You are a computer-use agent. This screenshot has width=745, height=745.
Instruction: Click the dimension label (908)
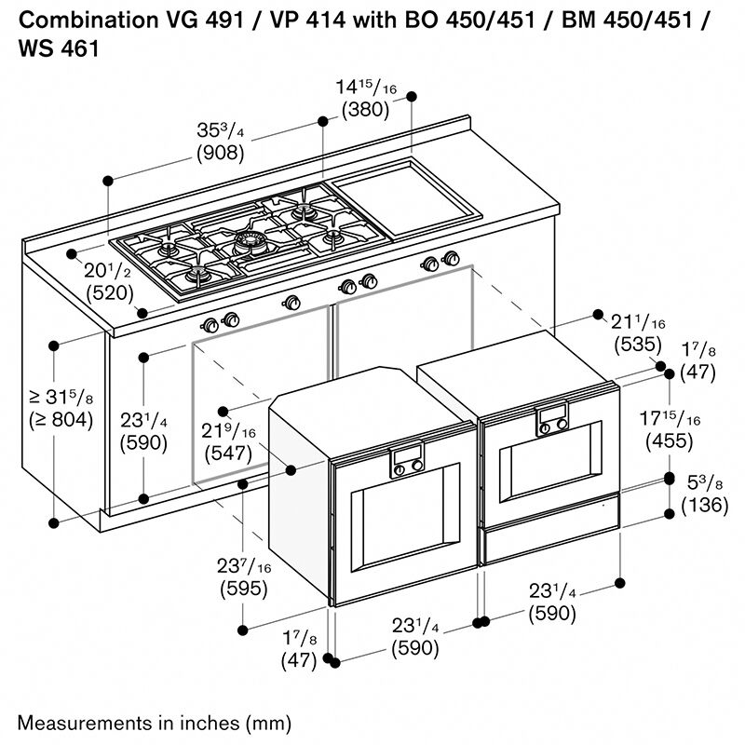220,154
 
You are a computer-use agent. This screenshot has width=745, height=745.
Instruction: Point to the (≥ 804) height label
60,420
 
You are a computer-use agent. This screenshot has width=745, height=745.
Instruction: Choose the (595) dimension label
243,589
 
